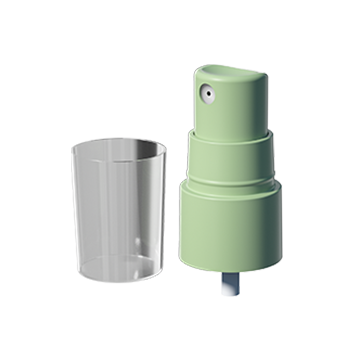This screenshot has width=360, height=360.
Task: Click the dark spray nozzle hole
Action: (x=208, y=92)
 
